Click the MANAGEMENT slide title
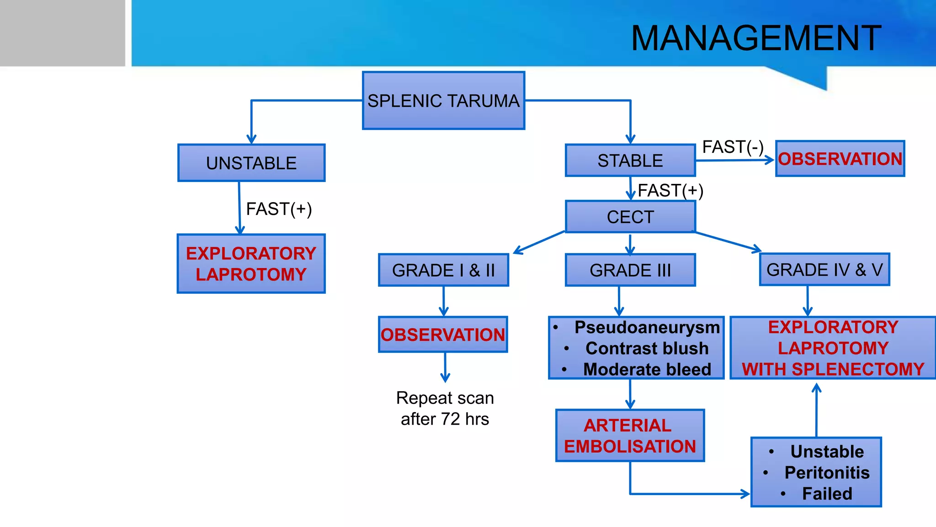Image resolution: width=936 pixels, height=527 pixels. point(756,38)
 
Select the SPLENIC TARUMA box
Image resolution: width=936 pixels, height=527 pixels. point(443,101)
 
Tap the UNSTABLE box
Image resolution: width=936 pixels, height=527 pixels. point(251,163)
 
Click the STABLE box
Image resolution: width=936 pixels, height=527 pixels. point(630,161)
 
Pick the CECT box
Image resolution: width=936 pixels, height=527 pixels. point(630,217)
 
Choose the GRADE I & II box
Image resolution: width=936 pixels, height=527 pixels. point(443,270)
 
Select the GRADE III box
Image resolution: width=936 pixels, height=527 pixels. point(630,270)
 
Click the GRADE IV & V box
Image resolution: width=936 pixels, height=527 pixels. point(824,270)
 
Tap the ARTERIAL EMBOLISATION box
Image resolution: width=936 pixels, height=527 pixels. point(630,436)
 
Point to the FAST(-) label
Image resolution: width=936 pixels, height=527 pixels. point(733,147)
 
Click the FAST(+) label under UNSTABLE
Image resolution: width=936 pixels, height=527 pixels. point(279,209)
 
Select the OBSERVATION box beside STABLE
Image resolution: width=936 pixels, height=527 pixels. point(840,159)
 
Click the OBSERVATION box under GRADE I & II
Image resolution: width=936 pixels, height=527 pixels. point(443,335)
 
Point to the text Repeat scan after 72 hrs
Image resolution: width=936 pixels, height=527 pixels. point(445,409)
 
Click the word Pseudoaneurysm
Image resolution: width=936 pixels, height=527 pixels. point(647,328)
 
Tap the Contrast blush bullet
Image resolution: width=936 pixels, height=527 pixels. point(647,349)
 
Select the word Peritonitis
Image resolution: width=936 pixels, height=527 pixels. point(827,473)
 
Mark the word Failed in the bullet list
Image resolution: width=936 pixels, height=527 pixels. point(827,494)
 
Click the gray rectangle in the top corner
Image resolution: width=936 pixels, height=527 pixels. point(62,33)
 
